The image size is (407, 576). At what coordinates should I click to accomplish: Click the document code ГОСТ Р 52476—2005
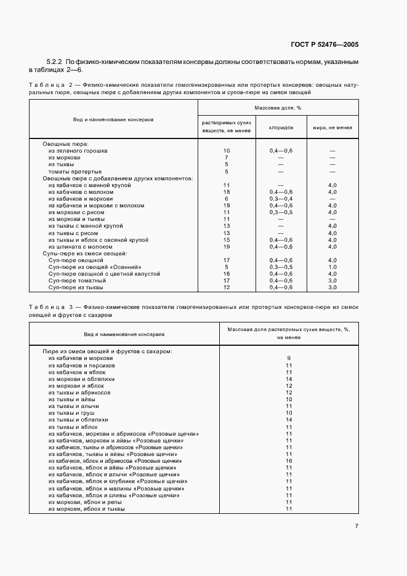pos(326,44)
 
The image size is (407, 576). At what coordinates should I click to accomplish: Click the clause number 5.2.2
pos(55,63)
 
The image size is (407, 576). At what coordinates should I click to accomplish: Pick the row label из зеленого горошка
pos(78,150)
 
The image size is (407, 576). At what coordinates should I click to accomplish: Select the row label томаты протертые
pos(75,171)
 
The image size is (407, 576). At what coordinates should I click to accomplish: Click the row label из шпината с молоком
pos(81,246)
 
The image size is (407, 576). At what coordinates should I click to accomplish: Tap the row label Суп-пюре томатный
pos(78,280)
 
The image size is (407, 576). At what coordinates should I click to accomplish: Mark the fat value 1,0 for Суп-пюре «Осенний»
pos(332,266)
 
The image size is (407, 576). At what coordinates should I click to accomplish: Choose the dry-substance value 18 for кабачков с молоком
pos(227,191)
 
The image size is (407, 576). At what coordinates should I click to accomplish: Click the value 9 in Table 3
pos(288,358)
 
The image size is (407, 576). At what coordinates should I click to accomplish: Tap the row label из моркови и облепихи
pos(80,378)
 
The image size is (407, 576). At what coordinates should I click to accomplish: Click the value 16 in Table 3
pos(288,460)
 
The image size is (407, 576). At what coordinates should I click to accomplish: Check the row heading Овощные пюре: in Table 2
pos(66,143)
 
